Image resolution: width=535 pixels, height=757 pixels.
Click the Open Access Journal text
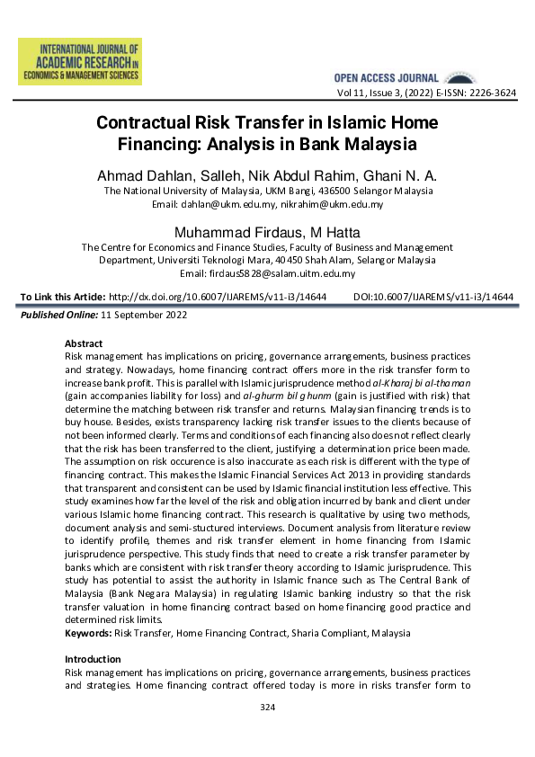(x=386, y=79)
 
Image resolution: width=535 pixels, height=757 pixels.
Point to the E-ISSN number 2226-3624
(x=493, y=93)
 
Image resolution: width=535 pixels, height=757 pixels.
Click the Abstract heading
(x=84, y=343)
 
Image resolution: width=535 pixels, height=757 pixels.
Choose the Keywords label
(x=88, y=633)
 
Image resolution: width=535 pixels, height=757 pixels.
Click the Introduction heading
(x=94, y=659)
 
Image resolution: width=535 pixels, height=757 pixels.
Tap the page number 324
(x=267, y=708)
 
